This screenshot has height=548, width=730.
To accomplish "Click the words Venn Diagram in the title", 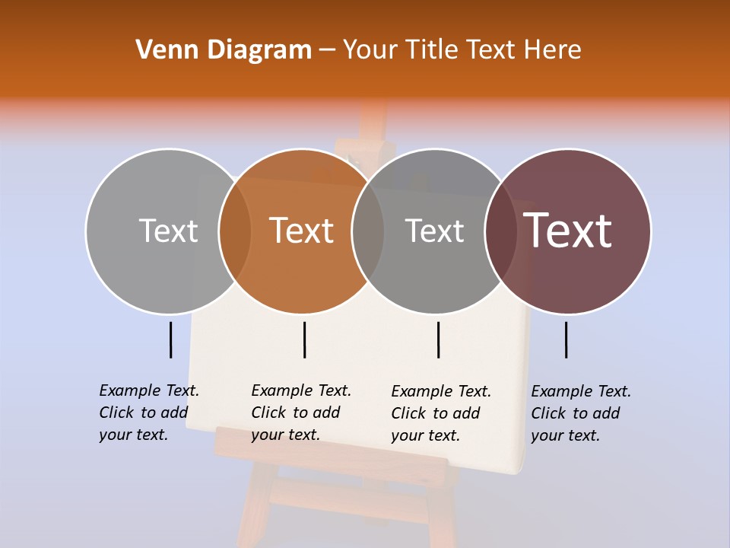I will coord(224,50).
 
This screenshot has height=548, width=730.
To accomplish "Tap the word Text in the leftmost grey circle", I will coord(168,231).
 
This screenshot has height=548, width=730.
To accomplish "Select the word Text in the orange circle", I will coord(301,231).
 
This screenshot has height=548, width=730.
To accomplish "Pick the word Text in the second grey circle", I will coord(434,231).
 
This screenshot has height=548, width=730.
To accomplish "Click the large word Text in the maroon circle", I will coord(568,231).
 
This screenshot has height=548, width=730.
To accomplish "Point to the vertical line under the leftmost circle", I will coord(171,339).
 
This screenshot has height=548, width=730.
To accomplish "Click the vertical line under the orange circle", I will coord(304,339).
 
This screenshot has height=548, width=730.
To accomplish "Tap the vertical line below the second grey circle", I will coord(438,339).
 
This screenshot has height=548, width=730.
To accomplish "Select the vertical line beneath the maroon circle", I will coord(567,339).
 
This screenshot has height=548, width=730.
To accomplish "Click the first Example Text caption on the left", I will coord(149,413).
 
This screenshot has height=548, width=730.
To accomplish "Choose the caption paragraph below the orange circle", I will coord(301,413).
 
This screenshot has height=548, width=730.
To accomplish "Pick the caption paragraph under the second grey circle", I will coord(441,413).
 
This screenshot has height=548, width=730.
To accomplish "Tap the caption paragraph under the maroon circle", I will coord(581,413).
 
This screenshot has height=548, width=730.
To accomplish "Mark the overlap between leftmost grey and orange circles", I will coord(235,231).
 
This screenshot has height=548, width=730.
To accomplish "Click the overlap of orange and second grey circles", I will coord(368,231).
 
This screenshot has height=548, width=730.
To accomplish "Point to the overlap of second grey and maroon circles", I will coord(501,231).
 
